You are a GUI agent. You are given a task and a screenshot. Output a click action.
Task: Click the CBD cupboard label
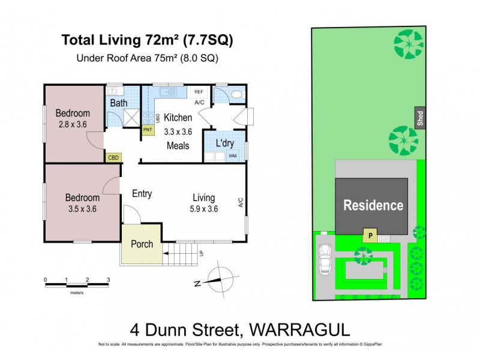[x=113, y=158]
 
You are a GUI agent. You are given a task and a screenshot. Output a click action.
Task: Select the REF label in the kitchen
[x=197, y=93]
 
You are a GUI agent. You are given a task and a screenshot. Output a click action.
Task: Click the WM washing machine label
[x=233, y=157]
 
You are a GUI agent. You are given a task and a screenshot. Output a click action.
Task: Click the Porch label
[x=142, y=244]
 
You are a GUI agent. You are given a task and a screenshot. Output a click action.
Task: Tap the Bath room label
[x=119, y=103]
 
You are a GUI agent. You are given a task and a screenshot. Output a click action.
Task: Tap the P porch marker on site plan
[x=370, y=236]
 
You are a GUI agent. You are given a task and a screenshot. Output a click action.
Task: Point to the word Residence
[x=373, y=206]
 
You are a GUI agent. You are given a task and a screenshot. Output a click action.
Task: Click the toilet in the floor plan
[x=236, y=95]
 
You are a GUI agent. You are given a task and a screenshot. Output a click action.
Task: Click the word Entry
[x=142, y=194]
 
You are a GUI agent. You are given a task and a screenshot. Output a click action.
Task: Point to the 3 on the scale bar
[x=108, y=280]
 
